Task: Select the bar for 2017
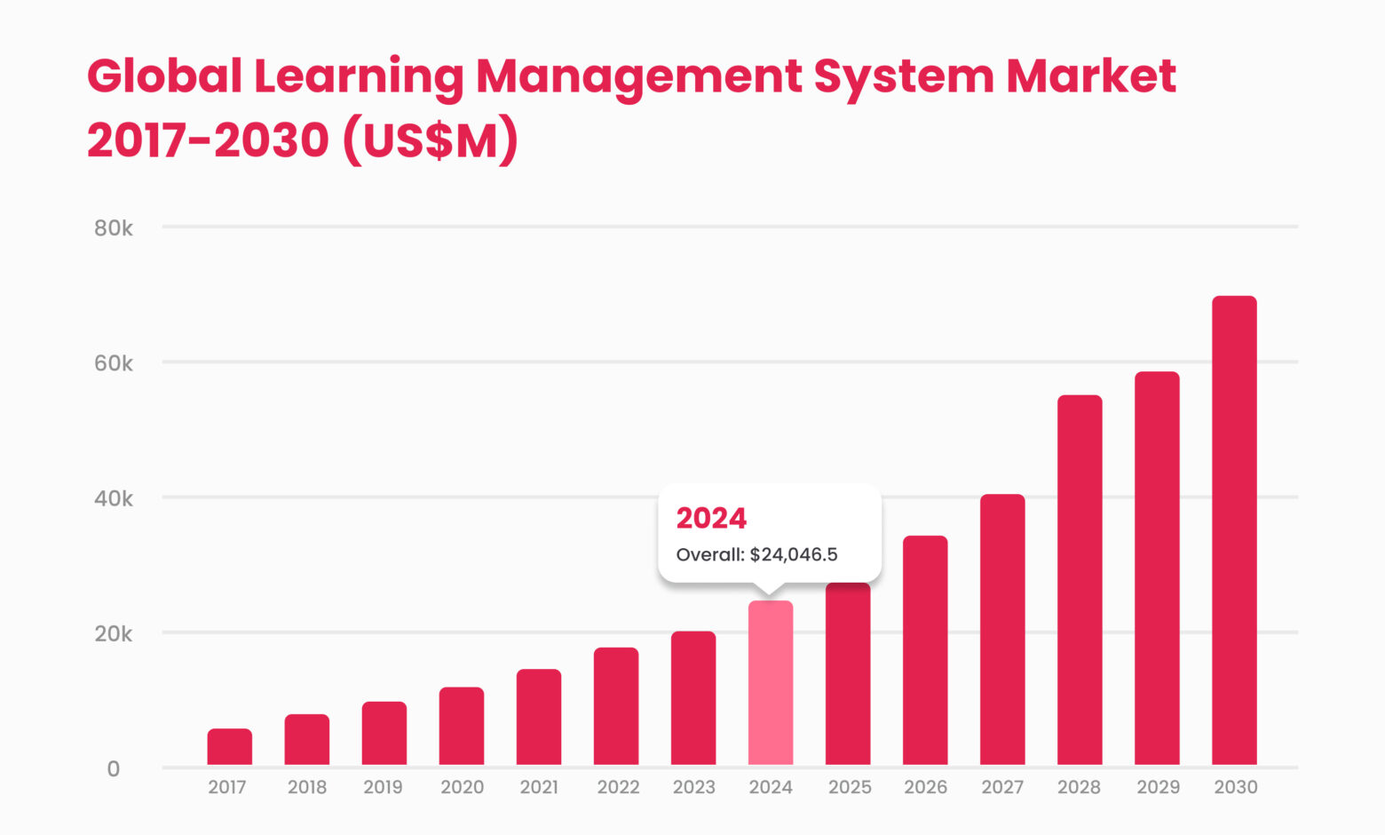point(229,747)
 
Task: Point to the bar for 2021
point(539,717)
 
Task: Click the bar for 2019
point(384,733)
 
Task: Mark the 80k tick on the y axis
point(114,228)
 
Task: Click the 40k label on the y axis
point(114,498)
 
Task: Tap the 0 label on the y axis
point(114,769)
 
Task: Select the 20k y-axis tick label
point(114,634)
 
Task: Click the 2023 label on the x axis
point(693,787)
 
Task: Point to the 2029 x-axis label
point(1158,787)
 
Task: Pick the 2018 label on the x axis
point(307,787)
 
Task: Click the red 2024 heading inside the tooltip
point(711,518)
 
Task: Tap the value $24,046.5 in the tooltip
point(794,555)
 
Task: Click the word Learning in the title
point(359,76)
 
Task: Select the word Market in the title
point(1091,76)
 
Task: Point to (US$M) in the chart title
point(429,140)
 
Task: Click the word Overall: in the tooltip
point(710,555)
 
